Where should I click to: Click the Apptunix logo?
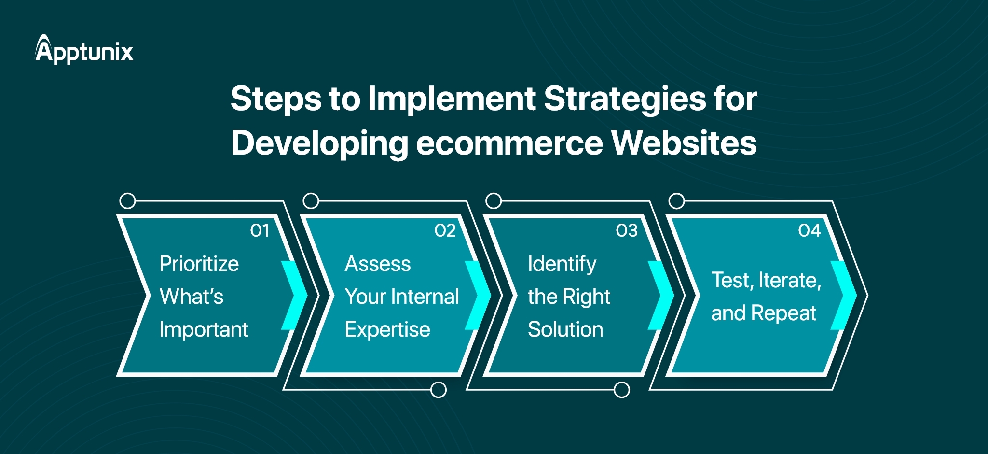coord(84,49)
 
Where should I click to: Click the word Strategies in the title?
coord(625,99)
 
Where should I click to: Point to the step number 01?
coord(260,230)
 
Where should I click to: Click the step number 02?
coord(445,230)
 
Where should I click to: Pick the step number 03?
coord(627,230)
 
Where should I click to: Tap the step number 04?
coord(809,230)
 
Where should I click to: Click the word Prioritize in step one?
coord(199,264)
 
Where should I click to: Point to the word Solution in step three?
coord(565,329)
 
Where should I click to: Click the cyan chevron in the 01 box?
coord(295,295)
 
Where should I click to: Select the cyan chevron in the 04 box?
coord(844,295)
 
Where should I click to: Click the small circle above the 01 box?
coord(127,201)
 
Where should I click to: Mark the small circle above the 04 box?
coord(677,201)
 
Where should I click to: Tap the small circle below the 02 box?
coord(438,390)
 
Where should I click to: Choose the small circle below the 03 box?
coord(621,390)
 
